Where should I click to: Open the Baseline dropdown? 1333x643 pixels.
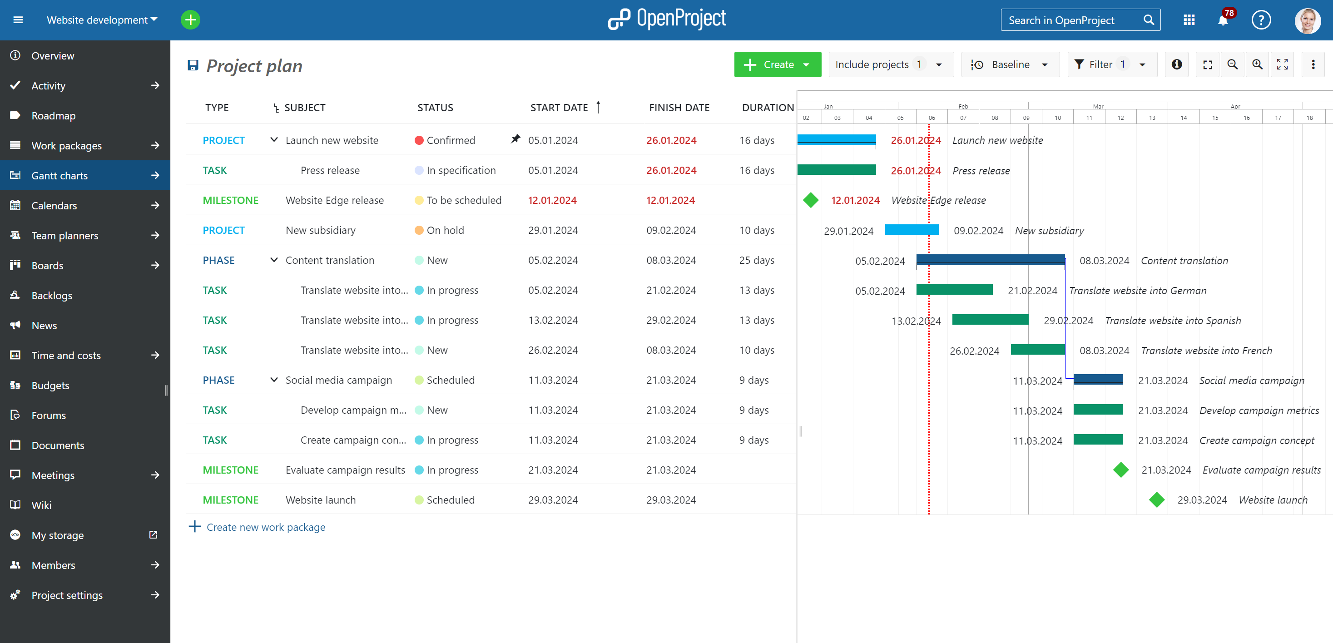point(1010,64)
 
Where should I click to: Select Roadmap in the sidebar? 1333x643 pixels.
point(53,116)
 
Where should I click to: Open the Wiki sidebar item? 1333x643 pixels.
point(41,505)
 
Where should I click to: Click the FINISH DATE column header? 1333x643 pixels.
point(679,108)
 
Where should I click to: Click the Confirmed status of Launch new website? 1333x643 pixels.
point(450,141)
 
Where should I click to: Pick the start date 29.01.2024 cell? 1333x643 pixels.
point(553,230)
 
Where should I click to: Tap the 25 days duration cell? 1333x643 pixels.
point(756,260)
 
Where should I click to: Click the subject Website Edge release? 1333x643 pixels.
point(334,201)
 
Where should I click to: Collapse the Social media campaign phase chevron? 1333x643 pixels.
point(274,380)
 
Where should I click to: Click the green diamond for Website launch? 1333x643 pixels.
point(1156,500)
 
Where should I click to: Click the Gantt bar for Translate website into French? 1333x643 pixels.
point(1037,350)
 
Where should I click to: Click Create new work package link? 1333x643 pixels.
point(265,527)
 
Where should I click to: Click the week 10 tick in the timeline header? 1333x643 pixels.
point(1057,118)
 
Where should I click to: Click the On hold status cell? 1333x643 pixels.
point(445,230)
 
